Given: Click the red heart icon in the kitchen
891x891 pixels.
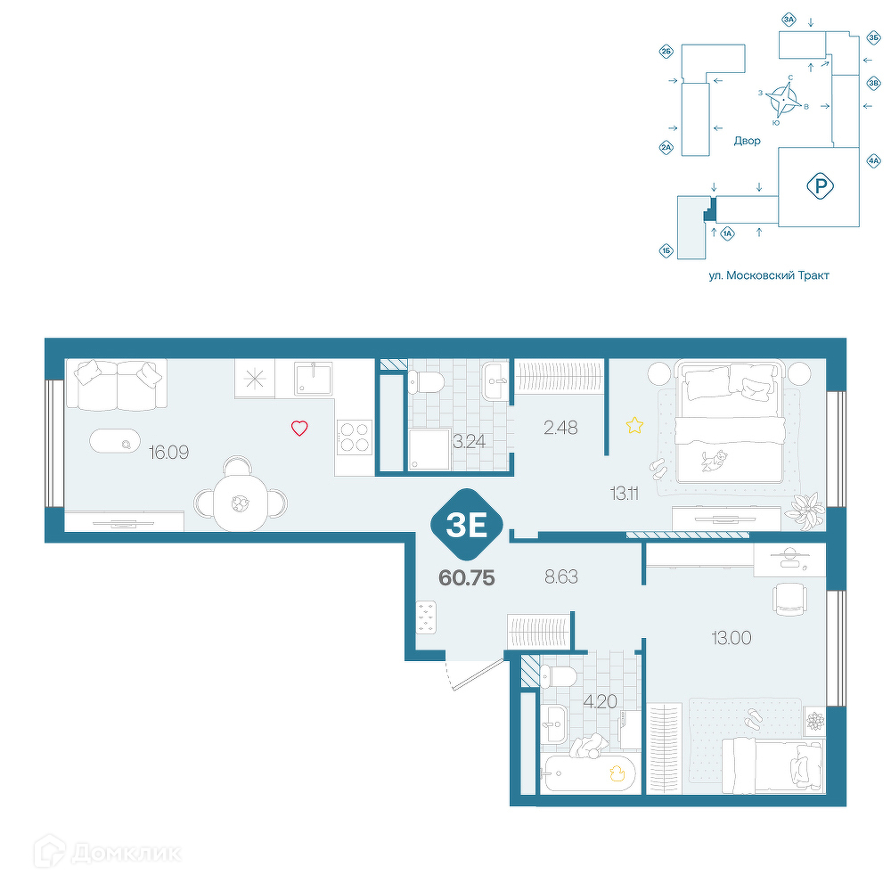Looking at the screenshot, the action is point(299,428).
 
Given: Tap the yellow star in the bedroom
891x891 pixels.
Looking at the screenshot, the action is point(634,425).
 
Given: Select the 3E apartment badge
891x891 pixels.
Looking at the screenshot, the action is point(467,525).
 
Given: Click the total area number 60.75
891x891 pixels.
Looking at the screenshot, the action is point(467,578).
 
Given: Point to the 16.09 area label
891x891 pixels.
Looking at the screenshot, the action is point(168,453).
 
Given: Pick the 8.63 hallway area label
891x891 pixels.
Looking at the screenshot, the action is point(560,576).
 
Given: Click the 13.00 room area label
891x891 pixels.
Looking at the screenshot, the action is point(732,638).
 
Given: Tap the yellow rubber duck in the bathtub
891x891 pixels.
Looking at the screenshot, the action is point(617,774).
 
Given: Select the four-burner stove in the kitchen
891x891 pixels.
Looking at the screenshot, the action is point(354,437).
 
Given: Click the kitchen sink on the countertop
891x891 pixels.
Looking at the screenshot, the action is point(313,379).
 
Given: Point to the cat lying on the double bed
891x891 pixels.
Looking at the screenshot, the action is point(714,460).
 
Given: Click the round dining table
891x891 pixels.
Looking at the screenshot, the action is point(240,503).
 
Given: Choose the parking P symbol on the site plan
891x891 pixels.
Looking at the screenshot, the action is point(820,186).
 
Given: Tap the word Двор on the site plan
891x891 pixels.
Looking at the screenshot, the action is point(747,141).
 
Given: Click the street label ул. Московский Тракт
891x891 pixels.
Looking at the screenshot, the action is point(769,275).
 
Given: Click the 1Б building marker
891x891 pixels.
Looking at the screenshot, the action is point(666,250).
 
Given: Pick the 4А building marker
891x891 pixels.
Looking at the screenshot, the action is point(873,161).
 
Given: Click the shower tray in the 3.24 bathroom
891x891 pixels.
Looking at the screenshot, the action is point(429,449).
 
